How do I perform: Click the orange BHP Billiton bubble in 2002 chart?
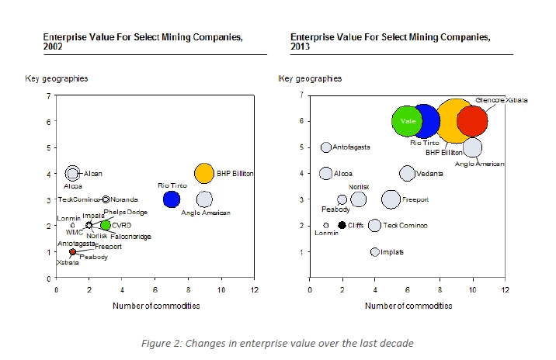[x=203, y=173]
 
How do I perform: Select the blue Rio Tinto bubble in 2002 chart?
[x=171, y=199]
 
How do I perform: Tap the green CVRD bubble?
[x=106, y=225]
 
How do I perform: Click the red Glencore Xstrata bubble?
[x=471, y=121]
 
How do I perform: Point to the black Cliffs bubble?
[x=342, y=225]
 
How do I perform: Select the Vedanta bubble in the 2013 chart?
[x=407, y=173]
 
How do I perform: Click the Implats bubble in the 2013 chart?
[x=375, y=251]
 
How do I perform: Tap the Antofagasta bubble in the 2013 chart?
[x=326, y=147]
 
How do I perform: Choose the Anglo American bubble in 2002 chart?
[x=203, y=199]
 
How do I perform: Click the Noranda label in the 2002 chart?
[x=124, y=199]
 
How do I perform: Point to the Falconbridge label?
[x=130, y=236]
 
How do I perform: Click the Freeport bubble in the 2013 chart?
[x=391, y=199]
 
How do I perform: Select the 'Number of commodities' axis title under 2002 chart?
[x=155, y=305]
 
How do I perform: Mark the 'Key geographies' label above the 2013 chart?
[x=310, y=78]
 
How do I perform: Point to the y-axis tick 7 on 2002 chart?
[x=48, y=95]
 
